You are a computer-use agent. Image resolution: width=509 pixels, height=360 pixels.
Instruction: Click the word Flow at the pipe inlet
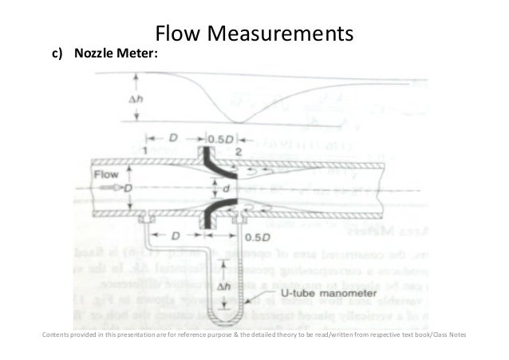point(107,172)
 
